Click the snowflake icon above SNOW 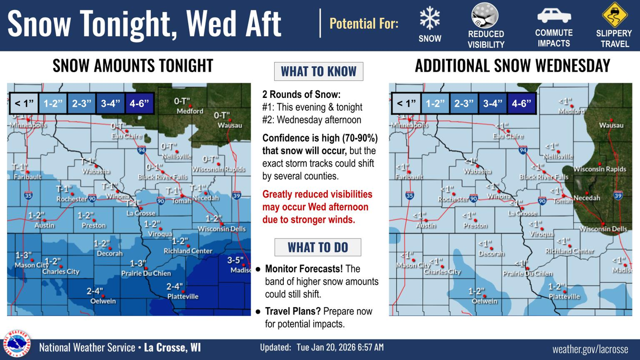click(x=429, y=19)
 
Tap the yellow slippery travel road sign click(x=614, y=15)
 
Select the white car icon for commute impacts click(x=554, y=16)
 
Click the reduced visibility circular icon click(x=485, y=16)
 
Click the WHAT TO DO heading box click(x=318, y=247)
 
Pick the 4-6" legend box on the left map click(x=139, y=103)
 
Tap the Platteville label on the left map click(x=183, y=297)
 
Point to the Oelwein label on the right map click(x=484, y=301)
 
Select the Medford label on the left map click(x=190, y=111)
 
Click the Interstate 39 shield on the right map click(x=618, y=195)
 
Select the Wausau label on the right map click(x=611, y=125)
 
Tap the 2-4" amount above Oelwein click(x=95, y=291)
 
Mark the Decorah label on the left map click(x=109, y=253)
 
